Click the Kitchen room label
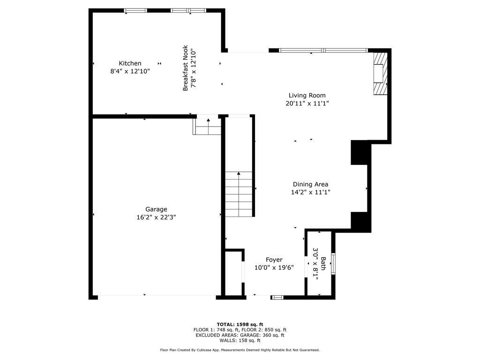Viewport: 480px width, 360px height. (x=130, y=63)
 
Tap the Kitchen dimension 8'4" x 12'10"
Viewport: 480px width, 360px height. (x=130, y=71)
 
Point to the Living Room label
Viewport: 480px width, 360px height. (x=307, y=96)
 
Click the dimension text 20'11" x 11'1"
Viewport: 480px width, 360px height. (x=307, y=104)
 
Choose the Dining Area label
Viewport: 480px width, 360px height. (x=310, y=184)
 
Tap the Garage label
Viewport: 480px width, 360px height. (x=156, y=210)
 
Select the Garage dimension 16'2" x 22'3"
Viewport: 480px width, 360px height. (x=156, y=217)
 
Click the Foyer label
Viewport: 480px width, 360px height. (x=274, y=260)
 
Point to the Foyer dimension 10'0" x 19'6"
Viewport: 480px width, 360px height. (x=274, y=268)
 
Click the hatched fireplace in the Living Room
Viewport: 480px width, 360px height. (x=380, y=73)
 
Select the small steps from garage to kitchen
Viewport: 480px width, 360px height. (x=207, y=127)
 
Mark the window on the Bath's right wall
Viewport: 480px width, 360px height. (x=333, y=263)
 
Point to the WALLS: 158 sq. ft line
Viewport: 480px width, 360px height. (x=240, y=340)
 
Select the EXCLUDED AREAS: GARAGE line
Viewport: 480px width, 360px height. (x=240, y=335)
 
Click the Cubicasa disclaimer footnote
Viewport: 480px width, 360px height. (x=240, y=350)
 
